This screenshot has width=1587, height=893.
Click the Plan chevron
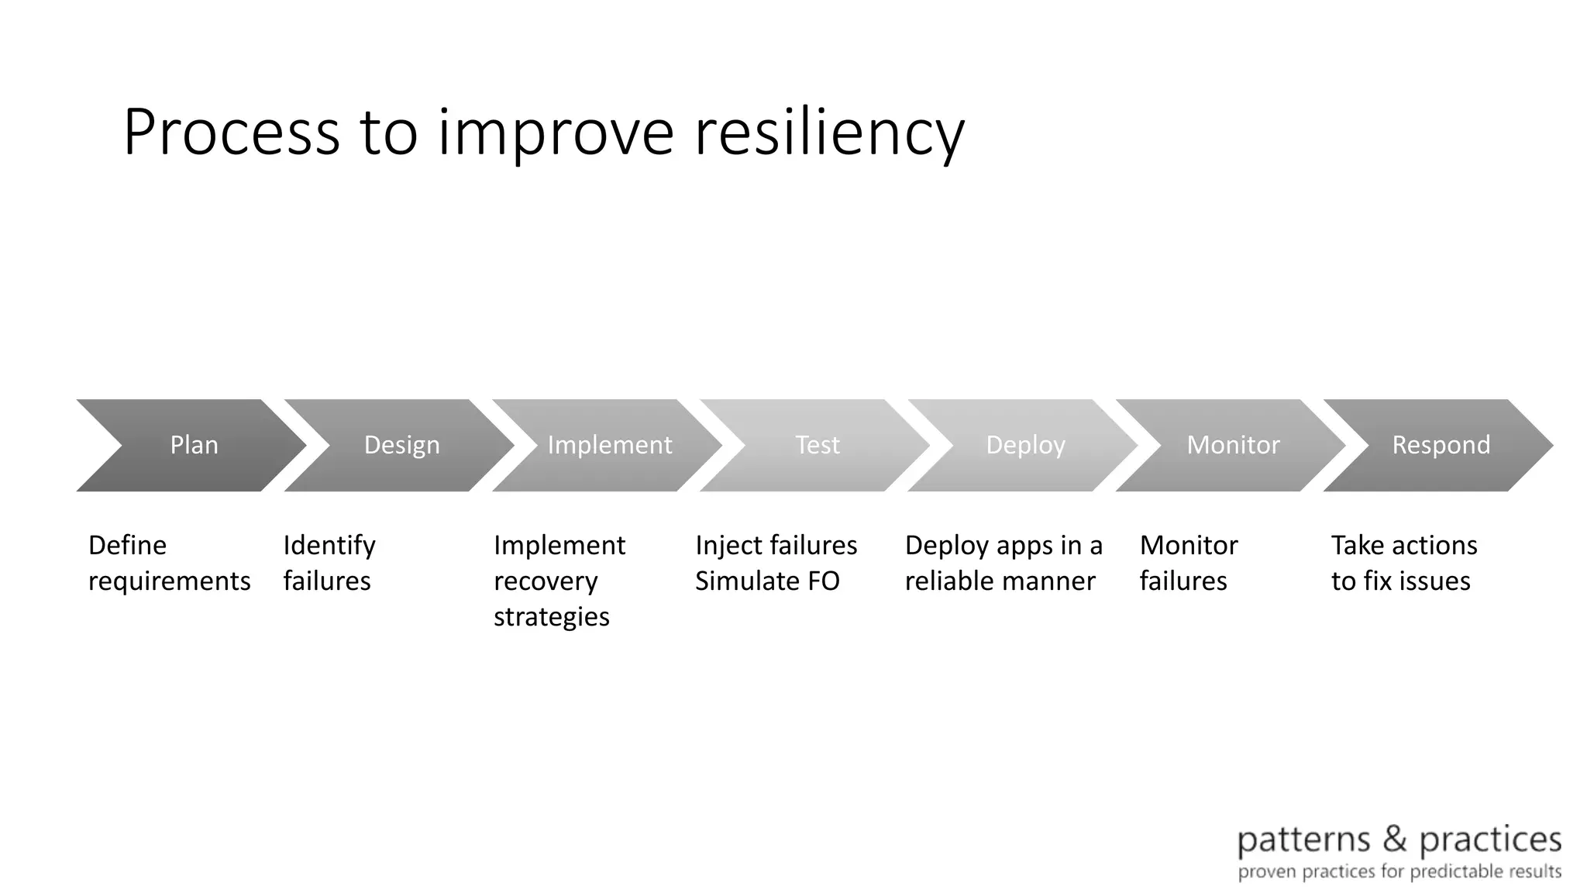pos(194,445)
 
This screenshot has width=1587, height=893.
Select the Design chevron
pos(401,445)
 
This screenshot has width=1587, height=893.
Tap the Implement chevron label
pos(610,445)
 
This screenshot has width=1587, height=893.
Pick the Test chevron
pos(818,445)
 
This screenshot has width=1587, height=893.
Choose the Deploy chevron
pos(1025,445)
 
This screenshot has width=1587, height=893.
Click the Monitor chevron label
pos(1233,445)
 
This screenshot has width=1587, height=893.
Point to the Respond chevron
pos(1441,445)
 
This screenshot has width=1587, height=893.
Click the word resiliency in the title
pos(829,133)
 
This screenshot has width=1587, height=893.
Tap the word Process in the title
pos(231,133)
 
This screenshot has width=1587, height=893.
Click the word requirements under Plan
pos(169,581)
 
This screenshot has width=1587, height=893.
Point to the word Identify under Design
pos(329,546)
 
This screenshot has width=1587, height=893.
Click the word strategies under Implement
pos(551,617)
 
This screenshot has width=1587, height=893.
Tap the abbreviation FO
pos(821,581)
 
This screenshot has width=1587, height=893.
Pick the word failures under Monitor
pos(1183,581)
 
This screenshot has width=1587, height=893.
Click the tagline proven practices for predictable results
pos(1399,872)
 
